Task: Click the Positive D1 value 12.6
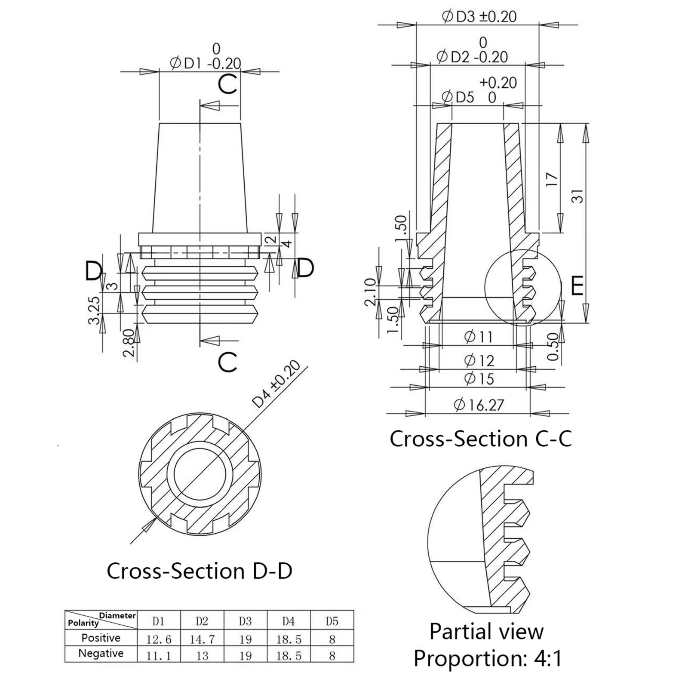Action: click(x=159, y=639)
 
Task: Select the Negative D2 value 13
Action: click(x=202, y=656)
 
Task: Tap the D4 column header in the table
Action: click(x=289, y=621)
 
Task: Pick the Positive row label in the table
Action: click(x=101, y=638)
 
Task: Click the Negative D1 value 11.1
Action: click(x=159, y=656)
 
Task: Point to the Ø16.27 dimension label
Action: click(x=479, y=405)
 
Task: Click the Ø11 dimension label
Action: click(x=478, y=337)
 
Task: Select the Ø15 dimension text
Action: click(x=479, y=379)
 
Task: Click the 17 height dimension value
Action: click(x=552, y=179)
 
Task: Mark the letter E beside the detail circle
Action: click(x=577, y=286)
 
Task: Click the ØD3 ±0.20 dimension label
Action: click(x=479, y=17)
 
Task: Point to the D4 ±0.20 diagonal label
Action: click(x=276, y=384)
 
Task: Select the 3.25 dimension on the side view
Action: click(x=94, y=310)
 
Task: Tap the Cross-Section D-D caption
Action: click(x=199, y=571)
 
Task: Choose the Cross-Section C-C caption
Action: click(x=480, y=439)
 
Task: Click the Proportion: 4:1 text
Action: click(x=487, y=658)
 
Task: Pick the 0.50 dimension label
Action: click(x=553, y=347)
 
